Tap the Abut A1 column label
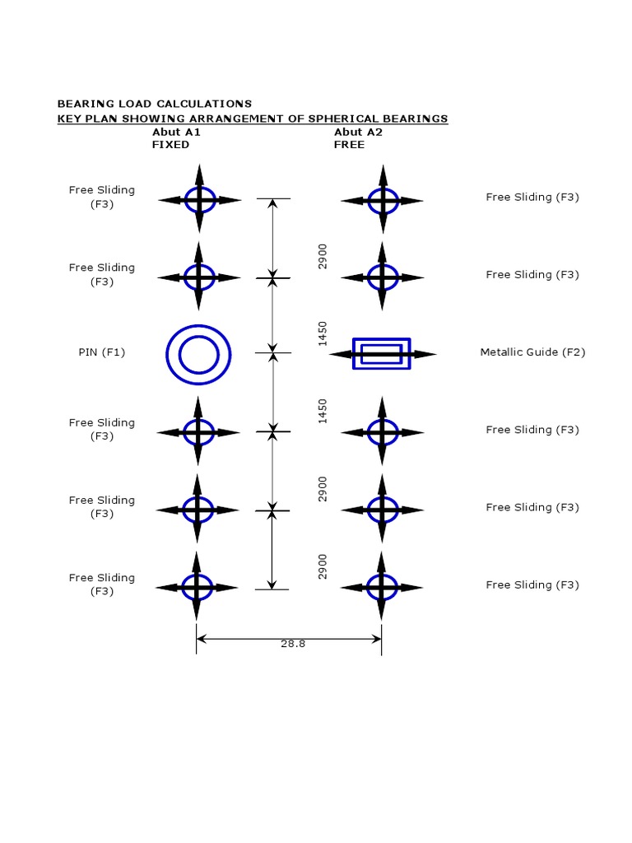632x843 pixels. coord(176,132)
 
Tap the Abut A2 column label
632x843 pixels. coord(358,132)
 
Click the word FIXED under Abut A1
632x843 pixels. coord(170,145)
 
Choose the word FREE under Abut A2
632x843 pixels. coord(349,145)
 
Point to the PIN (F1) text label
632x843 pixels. coord(102,352)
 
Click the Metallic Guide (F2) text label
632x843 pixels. coord(532,352)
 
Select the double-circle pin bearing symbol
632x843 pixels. coord(198,354)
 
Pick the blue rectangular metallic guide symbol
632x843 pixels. coord(381,354)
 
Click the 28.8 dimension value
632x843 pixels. coord(292,644)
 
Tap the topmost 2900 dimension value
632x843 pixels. coord(323,255)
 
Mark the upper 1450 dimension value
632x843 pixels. coord(323,333)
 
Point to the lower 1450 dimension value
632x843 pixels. coord(323,411)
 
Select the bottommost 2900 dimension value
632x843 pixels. coord(323,566)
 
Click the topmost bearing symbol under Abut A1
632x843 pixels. coord(199,199)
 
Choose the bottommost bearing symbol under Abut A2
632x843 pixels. coord(381,587)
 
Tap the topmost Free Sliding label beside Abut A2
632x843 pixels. coord(532,198)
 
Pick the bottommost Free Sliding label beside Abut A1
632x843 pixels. coord(102,585)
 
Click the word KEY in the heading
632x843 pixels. coord(68,119)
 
